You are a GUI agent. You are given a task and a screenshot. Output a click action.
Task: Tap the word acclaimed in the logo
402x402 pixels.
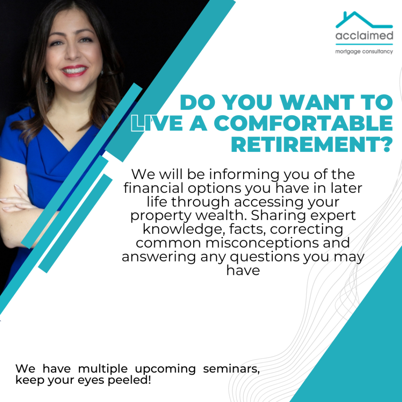click(364, 35)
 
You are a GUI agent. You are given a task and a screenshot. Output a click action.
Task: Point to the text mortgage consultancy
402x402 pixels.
click(364, 51)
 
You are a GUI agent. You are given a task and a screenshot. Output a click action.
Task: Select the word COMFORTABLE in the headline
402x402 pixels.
click(303, 123)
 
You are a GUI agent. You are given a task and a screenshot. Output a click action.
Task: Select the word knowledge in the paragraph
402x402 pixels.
click(182, 229)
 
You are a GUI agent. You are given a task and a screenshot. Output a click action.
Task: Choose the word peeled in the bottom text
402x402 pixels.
click(129, 380)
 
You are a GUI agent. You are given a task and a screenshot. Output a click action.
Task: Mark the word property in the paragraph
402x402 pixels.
click(161, 216)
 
